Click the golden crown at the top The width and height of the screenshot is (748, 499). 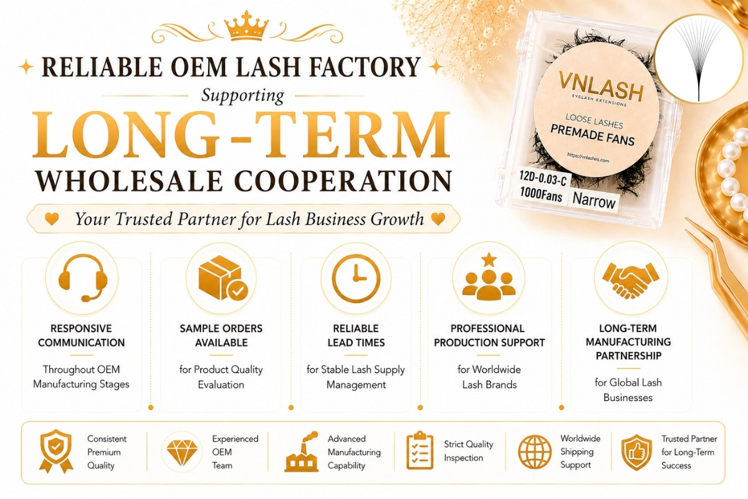pos(246,26)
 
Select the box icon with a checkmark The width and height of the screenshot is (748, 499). pos(222,278)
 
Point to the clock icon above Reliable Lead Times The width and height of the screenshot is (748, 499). pos(356,278)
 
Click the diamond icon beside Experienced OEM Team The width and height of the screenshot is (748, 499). pos(182,452)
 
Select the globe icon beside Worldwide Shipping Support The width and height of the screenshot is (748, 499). pos(535,452)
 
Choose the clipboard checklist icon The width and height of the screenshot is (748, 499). pos(420,450)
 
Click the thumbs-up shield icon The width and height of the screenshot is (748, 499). pos(636,452)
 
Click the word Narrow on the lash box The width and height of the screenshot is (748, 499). pos(594,201)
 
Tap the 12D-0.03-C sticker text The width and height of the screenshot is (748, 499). pos(543,178)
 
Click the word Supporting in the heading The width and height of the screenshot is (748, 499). pos(242,96)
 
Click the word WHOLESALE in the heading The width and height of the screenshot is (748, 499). pos(129,181)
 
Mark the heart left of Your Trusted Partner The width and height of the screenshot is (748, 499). pos(52,219)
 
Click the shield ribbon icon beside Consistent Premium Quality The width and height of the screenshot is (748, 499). pos(55,451)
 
